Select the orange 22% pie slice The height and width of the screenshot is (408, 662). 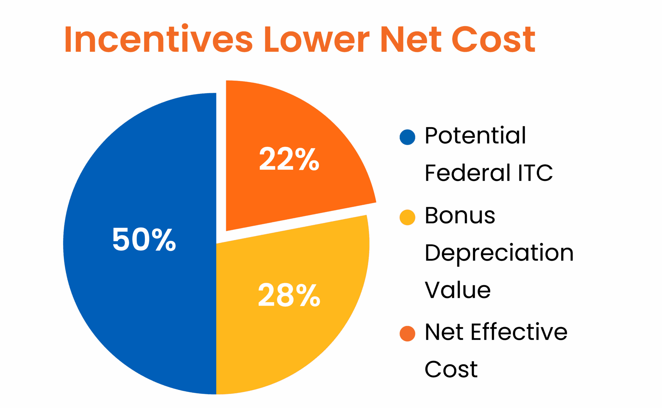[x=291, y=123]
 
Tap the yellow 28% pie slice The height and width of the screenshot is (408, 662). [x=291, y=339]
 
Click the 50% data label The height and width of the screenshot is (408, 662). [x=144, y=240]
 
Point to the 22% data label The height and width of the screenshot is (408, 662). [x=289, y=159]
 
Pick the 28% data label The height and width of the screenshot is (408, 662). [x=289, y=295]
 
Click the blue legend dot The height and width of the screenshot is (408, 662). [x=407, y=137]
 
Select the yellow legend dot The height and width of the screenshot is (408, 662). [x=407, y=217]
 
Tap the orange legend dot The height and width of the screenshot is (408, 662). [x=407, y=333]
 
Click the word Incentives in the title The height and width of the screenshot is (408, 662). [x=158, y=39]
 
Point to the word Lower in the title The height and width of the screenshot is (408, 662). [x=317, y=39]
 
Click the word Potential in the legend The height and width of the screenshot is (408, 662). [x=475, y=136]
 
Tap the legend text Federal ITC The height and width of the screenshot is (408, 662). [x=488, y=173]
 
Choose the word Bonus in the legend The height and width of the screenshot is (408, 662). [x=460, y=216]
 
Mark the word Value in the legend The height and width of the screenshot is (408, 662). [x=457, y=290]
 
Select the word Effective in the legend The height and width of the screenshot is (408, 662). [x=519, y=332]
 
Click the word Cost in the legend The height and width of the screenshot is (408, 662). [x=451, y=369]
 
